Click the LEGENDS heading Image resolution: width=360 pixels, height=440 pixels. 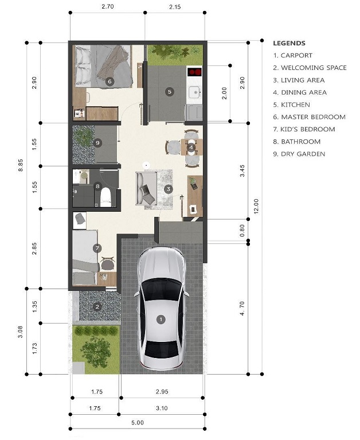point(289,43)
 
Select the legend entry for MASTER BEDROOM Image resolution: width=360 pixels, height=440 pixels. point(309,117)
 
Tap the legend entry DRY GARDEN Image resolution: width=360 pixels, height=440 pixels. point(299,154)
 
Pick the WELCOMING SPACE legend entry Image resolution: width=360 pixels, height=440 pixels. point(310,68)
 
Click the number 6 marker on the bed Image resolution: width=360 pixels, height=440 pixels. point(109,81)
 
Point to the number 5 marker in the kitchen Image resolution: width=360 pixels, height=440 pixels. point(169,91)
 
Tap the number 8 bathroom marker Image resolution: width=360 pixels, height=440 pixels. point(97,186)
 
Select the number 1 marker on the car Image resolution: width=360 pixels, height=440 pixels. point(161,320)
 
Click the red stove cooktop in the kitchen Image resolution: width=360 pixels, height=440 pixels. point(194,72)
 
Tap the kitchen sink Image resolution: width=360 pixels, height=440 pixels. point(194,92)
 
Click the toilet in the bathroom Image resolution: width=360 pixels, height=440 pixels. point(105,197)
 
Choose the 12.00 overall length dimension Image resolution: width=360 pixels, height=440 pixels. point(256,207)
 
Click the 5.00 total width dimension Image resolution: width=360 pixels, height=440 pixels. point(138,423)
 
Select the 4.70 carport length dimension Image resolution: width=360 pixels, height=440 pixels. point(242,309)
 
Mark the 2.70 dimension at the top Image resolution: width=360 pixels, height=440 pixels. point(108,6)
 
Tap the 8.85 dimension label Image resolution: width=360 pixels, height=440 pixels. point(21,165)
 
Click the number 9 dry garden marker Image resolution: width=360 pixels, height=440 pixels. point(97,143)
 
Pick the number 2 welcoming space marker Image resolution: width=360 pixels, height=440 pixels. point(97,307)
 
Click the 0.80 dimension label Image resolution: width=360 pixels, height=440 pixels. point(242,231)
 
